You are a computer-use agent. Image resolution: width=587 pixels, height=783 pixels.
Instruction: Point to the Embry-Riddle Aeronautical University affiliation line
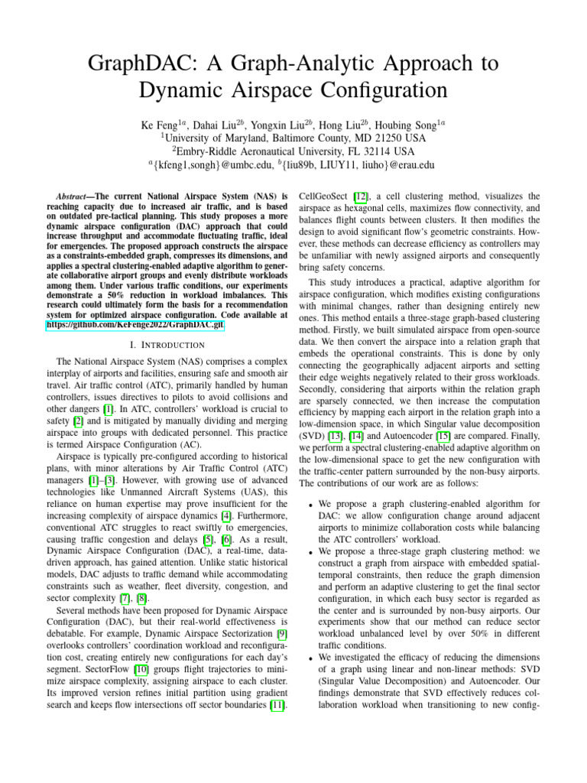click(293, 151)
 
